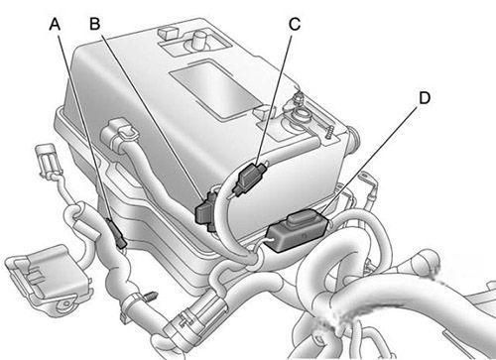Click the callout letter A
coord(55,24)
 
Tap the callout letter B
coord(95,24)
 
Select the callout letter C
coord(295,24)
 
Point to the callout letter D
coord(425,98)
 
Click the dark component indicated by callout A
coord(117,233)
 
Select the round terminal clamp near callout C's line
coord(301,113)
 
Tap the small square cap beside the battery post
coord(168,33)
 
